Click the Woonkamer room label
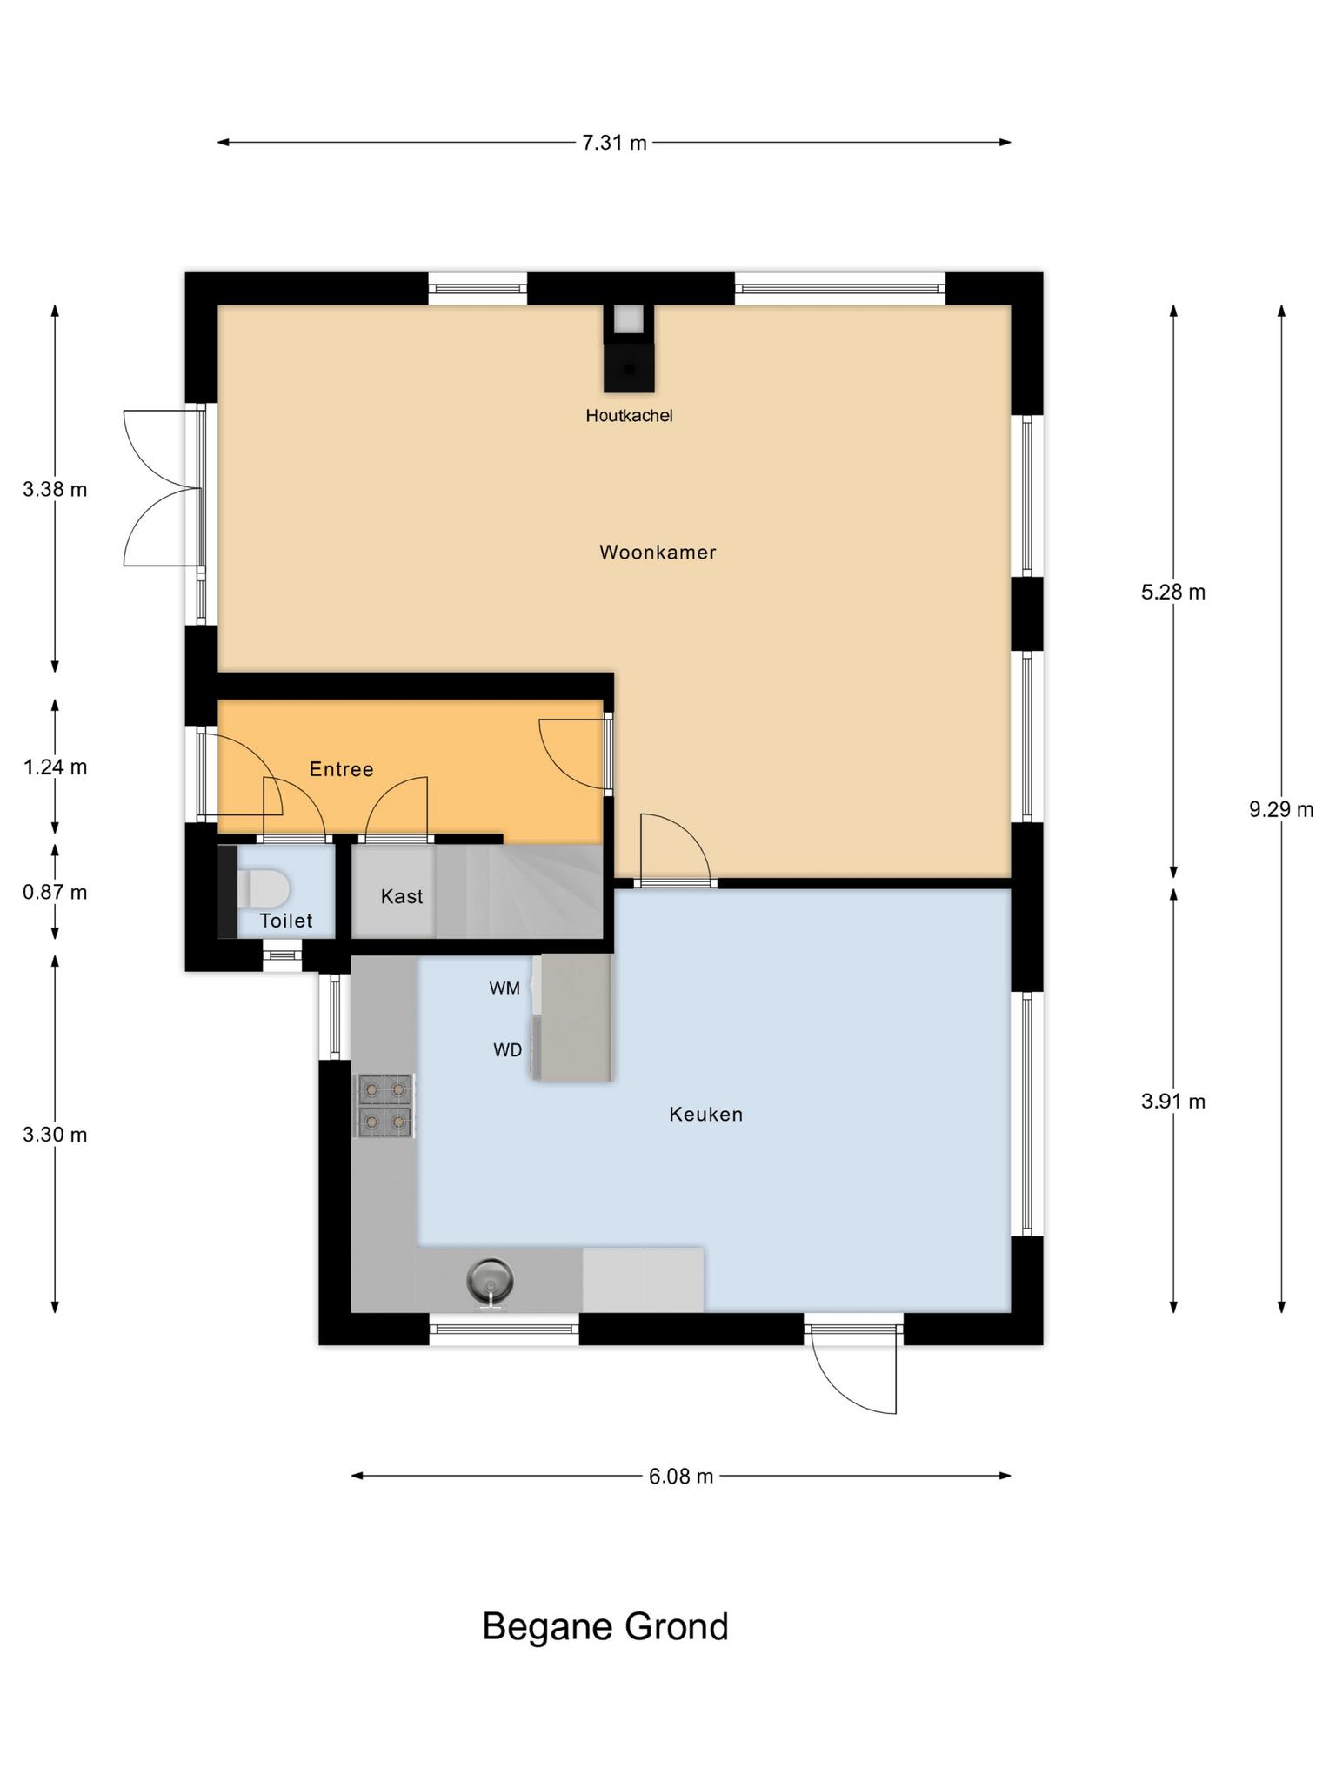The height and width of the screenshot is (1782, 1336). tap(658, 553)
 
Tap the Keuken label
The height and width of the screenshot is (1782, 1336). tap(705, 1115)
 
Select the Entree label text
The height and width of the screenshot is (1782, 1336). tap(342, 769)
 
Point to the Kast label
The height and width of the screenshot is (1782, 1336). tap(402, 896)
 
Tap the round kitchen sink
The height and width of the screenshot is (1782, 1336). tap(490, 1281)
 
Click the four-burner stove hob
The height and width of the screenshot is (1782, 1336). tap(384, 1105)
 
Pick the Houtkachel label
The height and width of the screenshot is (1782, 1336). tap(629, 416)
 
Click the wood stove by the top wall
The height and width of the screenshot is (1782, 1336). tap(629, 348)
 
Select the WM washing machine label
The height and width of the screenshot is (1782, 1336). tap(504, 988)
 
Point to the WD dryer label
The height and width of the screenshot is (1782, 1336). tap(508, 1051)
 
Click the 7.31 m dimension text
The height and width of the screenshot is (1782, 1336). tap(615, 143)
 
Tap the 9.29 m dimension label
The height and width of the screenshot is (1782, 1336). tap(1281, 810)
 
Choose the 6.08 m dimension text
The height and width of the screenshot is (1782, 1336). tap(681, 1477)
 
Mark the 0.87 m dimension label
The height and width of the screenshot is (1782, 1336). tap(55, 893)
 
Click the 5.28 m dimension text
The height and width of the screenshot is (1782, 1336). tap(1173, 593)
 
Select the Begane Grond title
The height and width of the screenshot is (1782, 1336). tap(605, 1627)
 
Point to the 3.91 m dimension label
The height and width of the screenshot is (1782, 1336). tap(1173, 1102)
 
